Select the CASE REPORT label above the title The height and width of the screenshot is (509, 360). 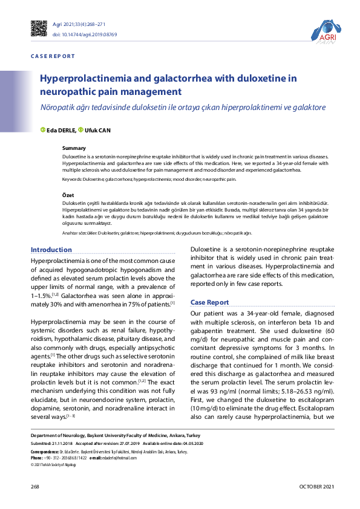pos(53,56)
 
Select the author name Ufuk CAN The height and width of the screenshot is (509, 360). pos(97,130)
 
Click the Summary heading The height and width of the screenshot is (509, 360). pos(74,148)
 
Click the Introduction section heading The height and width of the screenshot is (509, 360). pos(51,250)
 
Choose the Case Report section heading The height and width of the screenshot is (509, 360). pos(209,302)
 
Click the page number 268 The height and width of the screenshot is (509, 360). pos(35,487)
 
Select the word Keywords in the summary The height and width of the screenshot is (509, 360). pos(71,180)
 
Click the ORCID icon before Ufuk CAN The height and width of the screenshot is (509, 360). pos(80,129)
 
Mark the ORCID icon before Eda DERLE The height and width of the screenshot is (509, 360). pos(42,129)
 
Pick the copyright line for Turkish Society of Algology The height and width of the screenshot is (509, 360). pos(53,464)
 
